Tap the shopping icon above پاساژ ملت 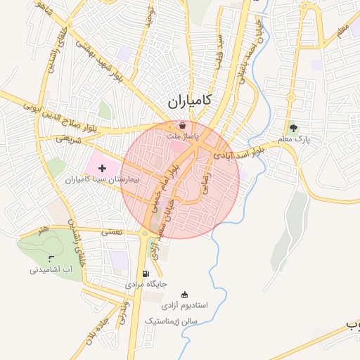coord(182,125)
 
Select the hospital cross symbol coord(103,168)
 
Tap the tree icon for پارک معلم coord(293,128)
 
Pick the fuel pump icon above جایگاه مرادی coord(146,274)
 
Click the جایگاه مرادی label coord(146,285)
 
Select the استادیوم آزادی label coord(185,306)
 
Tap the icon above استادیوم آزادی coord(185,295)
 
